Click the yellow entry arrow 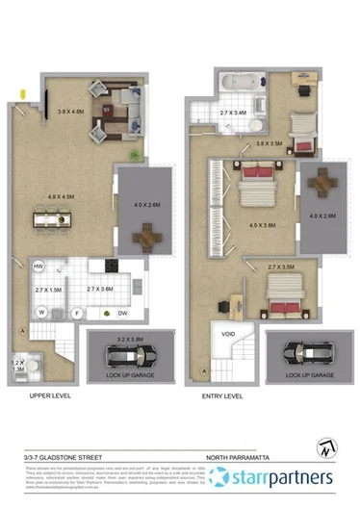pos(22,93)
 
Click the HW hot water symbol pos(39,267)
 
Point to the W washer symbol pos(42,312)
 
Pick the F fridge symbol pos(77,312)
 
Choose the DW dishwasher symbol pos(122,313)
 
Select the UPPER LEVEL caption pos(47,394)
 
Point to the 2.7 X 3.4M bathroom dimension pos(234,113)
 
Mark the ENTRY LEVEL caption pos(221,394)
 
